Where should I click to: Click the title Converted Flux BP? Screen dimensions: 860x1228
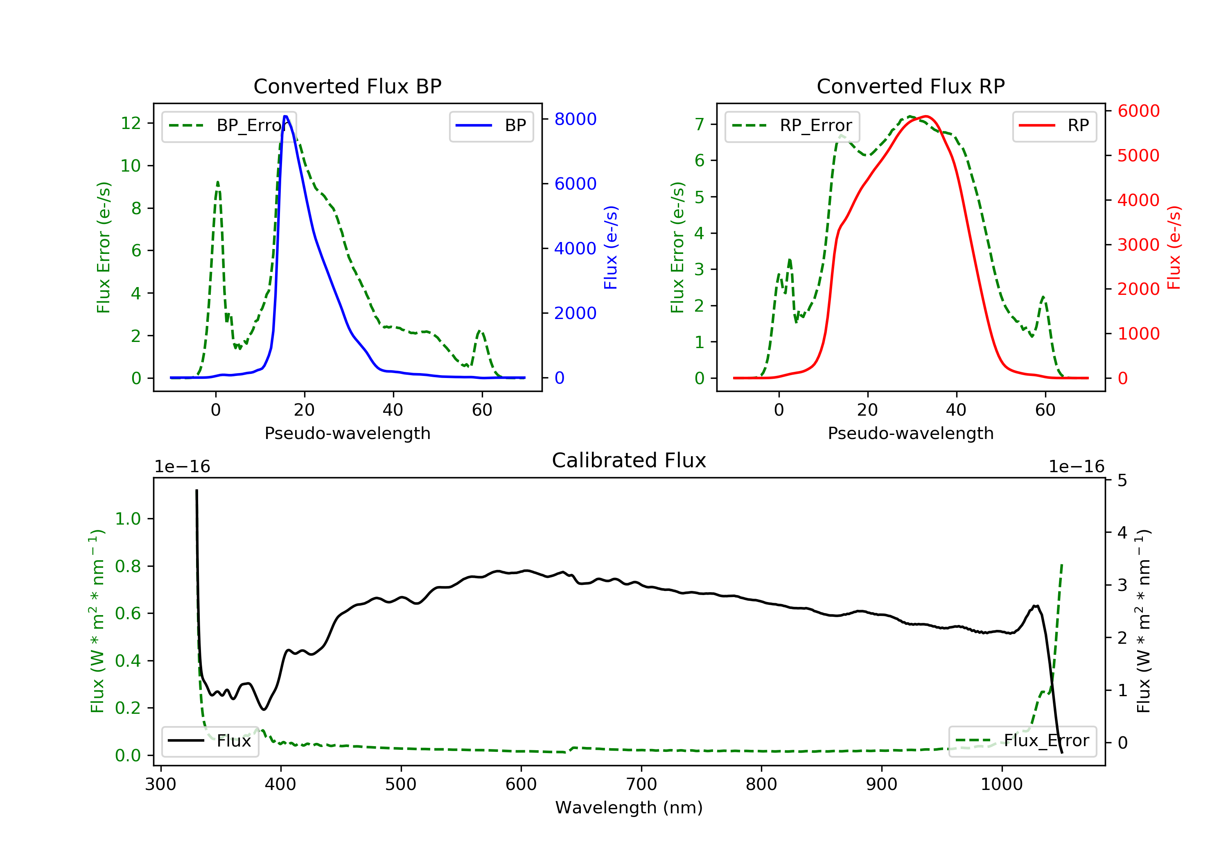(x=347, y=86)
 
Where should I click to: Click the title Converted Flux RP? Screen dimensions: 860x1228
(x=910, y=86)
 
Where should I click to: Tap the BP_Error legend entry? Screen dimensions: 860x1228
(x=229, y=126)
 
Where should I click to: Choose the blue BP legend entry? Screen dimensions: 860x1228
(x=491, y=126)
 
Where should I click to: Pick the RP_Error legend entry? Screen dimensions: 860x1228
(x=792, y=126)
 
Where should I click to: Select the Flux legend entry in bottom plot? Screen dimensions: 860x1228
(x=210, y=741)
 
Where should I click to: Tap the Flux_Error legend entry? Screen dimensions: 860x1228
(x=1022, y=741)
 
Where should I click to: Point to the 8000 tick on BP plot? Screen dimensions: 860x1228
(x=575, y=119)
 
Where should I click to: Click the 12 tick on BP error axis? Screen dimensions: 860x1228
(x=131, y=123)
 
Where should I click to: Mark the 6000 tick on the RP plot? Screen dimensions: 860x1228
(x=1138, y=111)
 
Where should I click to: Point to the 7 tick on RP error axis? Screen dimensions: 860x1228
(x=699, y=124)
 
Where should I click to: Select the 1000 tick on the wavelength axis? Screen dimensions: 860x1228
(x=1001, y=785)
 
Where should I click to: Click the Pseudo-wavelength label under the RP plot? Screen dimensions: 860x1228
(x=910, y=433)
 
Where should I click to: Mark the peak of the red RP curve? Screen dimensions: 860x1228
(x=926, y=116)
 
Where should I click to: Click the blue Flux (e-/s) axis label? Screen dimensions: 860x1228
(x=610, y=247)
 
